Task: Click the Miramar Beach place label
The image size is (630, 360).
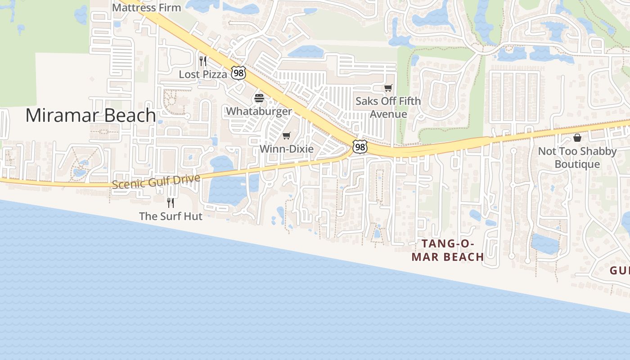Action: click(90, 115)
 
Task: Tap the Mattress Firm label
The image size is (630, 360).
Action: click(146, 8)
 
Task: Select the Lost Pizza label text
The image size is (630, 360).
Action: click(203, 74)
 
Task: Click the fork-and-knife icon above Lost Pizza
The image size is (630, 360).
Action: click(203, 61)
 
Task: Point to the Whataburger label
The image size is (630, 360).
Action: click(259, 111)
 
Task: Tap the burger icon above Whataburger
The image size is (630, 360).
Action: click(259, 98)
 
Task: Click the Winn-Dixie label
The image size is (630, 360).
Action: click(287, 149)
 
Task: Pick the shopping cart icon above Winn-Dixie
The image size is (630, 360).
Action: click(287, 135)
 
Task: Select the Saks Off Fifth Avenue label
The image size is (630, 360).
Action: click(388, 107)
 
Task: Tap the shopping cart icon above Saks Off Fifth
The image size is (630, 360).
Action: click(388, 88)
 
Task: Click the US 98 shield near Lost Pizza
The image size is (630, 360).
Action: click(238, 73)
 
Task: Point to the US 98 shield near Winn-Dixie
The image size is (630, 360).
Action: click(360, 147)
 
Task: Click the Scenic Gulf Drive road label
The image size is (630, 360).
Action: click(156, 181)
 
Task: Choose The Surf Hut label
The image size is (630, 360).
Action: click(171, 216)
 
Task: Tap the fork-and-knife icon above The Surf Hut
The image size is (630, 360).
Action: click(171, 202)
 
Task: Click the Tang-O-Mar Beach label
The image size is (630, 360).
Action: click(448, 250)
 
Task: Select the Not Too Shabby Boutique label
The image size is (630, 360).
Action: click(577, 157)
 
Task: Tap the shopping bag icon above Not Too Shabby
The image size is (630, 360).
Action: click(577, 138)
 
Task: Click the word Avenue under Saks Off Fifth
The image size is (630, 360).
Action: click(388, 114)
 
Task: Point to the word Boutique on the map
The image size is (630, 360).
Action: click(577, 164)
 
